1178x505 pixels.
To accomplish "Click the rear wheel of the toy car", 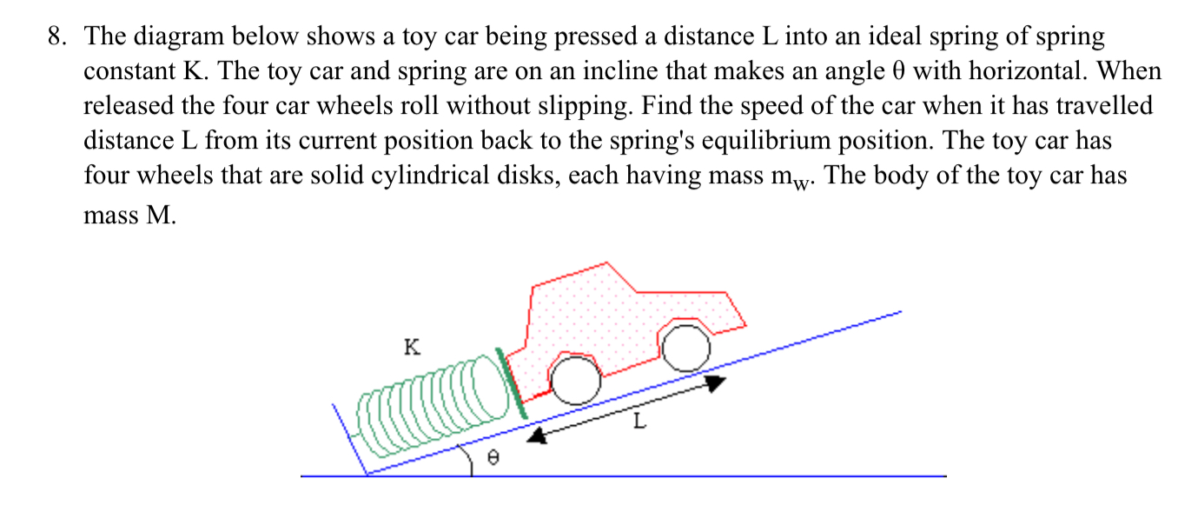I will [x=574, y=381].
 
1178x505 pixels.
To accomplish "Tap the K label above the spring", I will [x=413, y=348].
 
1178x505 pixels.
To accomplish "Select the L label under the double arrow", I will [x=640, y=423].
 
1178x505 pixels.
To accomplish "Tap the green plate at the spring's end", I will [x=511, y=383].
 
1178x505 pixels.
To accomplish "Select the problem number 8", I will [x=56, y=37].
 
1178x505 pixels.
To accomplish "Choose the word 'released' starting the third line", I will [x=125, y=106].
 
